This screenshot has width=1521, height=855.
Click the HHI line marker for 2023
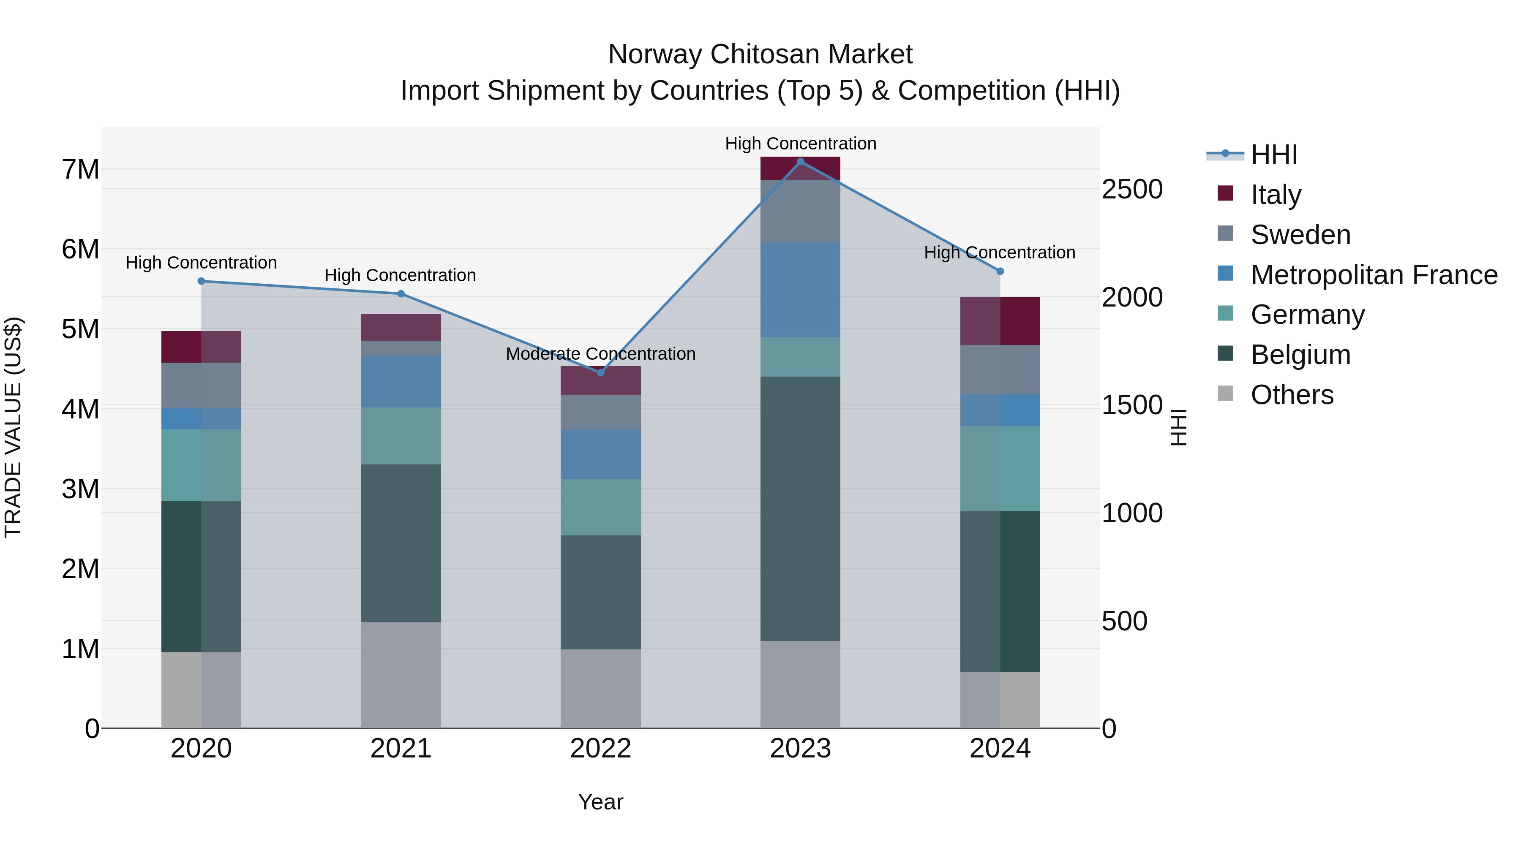[x=800, y=161]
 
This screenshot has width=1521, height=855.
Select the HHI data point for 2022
[x=600, y=372]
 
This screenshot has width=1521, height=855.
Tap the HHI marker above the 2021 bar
[x=401, y=293]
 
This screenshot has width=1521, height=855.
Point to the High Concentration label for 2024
[x=999, y=252]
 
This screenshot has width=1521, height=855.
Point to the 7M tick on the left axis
[x=80, y=169]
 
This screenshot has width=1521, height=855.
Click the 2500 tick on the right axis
[x=1132, y=190]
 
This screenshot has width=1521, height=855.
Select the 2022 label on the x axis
[x=600, y=748]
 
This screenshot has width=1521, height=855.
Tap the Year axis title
[x=600, y=802]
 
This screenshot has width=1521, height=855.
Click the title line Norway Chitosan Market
[x=760, y=54]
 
